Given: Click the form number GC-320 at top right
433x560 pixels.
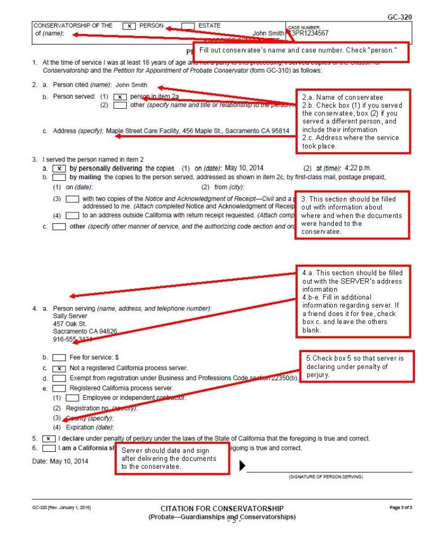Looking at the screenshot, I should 399,17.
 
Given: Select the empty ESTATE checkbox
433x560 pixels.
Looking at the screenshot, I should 188,26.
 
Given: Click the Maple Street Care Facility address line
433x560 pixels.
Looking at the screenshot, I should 197,131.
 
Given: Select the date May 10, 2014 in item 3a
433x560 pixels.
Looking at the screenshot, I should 244,168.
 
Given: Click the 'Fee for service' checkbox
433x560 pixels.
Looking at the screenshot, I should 59,357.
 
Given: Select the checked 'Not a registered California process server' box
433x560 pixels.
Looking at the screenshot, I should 59,368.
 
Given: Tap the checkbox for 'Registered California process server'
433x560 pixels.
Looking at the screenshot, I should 59,388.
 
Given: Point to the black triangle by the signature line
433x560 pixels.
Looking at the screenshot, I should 242,466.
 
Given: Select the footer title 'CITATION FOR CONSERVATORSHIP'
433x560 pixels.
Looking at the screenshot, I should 222,508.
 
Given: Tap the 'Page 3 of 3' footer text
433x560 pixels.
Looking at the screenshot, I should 401,508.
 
